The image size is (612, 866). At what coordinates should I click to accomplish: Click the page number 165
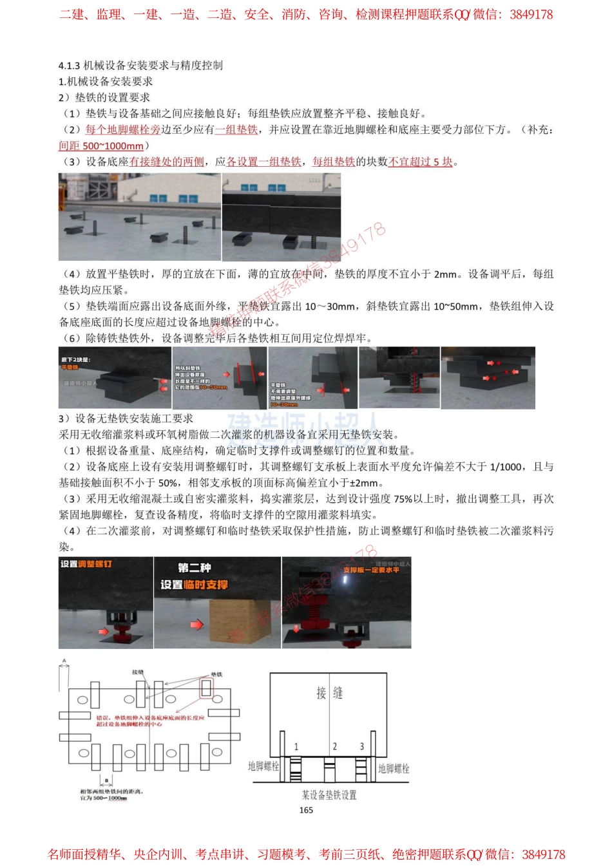(x=306, y=810)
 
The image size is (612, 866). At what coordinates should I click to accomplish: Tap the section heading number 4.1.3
(x=69, y=65)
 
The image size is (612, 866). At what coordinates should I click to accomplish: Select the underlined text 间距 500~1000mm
(x=101, y=146)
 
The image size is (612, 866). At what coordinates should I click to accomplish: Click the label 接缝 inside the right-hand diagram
(x=329, y=693)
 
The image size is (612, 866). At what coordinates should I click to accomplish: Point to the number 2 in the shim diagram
(x=334, y=746)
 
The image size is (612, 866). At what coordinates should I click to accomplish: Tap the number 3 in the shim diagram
(x=361, y=746)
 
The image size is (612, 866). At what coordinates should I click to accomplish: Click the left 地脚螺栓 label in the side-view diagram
(x=263, y=766)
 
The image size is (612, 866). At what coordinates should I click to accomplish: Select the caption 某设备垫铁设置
(x=329, y=795)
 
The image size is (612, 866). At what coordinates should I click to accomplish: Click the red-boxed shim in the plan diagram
(x=206, y=688)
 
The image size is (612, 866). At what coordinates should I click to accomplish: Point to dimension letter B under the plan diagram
(x=106, y=780)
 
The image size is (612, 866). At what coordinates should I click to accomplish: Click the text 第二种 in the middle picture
(x=194, y=568)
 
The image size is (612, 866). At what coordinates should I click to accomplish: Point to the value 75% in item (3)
(x=403, y=499)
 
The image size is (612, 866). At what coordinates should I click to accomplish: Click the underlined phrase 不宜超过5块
(x=421, y=162)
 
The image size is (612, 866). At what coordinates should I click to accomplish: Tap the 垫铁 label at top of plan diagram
(x=216, y=674)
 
